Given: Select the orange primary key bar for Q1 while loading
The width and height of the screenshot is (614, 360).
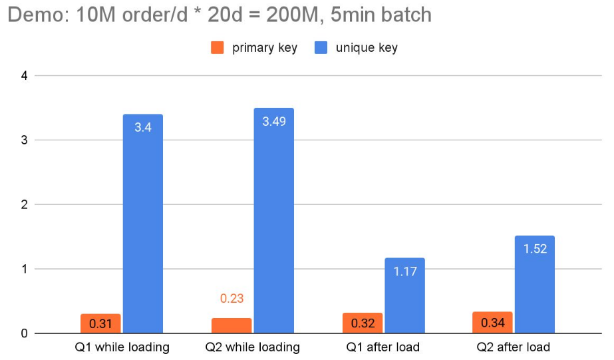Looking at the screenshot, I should (x=100, y=323).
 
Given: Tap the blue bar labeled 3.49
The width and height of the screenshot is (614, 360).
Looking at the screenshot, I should (x=273, y=220).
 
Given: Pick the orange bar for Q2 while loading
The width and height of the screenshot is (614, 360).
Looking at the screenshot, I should (x=231, y=325).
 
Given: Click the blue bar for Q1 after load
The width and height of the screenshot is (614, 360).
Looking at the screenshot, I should (x=404, y=295).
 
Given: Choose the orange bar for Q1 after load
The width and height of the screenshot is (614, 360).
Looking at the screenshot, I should (x=363, y=323).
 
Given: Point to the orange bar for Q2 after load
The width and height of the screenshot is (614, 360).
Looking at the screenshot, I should (x=493, y=323).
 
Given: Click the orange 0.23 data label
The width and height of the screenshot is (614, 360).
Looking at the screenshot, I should (x=231, y=299).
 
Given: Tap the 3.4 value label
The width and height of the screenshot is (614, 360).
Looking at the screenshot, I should (x=143, y=126).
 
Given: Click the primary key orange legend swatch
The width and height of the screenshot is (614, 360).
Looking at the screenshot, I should (x=218, y=47).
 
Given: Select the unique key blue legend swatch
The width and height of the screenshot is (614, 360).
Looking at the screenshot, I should (x=321, y=47).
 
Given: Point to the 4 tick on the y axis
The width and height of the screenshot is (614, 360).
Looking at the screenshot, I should (x=24, y=76).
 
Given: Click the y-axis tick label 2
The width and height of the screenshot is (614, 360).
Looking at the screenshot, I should (x=24, y=205).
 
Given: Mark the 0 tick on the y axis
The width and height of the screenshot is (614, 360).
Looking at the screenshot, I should (x=24, y=333).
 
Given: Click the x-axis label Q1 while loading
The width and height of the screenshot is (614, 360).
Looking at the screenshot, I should (x=122, y=347).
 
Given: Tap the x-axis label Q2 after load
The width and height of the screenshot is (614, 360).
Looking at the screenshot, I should (x=514, y=347).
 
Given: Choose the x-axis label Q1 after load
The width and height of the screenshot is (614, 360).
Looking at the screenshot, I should (x=384, y=347).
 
